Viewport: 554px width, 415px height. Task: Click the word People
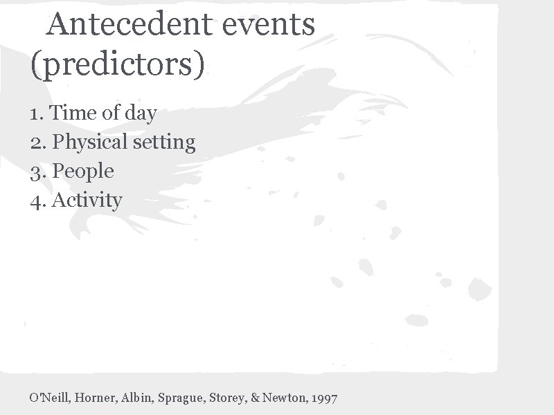(83, 172)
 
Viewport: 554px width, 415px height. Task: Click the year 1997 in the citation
(325, 398)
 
